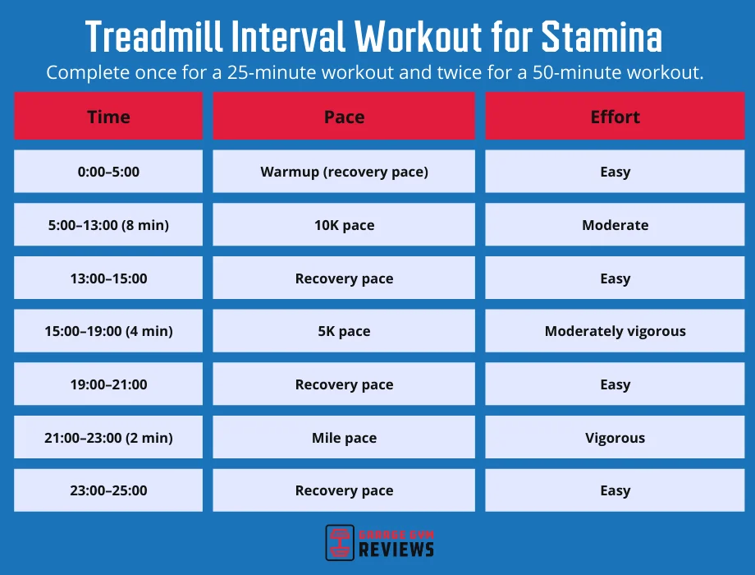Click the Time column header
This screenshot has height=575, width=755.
click(108, 117)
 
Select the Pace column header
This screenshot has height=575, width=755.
click(344, 117)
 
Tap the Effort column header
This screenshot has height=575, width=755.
click(615, 117)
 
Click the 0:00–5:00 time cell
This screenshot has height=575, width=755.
click(108, 172)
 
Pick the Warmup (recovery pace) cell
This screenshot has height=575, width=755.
click(344, 172)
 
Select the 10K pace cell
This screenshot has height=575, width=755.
click(344, 225)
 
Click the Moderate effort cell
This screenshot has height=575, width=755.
click(615, 225)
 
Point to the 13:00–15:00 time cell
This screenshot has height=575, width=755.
click(108, 278)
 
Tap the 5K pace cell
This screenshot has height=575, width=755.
click(344, 332)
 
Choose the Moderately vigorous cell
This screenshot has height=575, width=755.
click(615, 332)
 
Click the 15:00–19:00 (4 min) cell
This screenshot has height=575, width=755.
click(108, 332)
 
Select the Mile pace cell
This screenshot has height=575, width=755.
click(344, 438)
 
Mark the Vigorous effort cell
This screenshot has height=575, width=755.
click(615, 438)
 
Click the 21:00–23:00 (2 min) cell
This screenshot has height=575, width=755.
click(108, 438)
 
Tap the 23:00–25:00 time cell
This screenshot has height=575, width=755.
click(108, 490)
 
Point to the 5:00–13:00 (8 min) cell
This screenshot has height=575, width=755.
click(108, 225)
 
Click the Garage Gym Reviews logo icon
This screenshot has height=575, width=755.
click(340, 542)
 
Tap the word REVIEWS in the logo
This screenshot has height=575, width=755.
click(396, 550)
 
